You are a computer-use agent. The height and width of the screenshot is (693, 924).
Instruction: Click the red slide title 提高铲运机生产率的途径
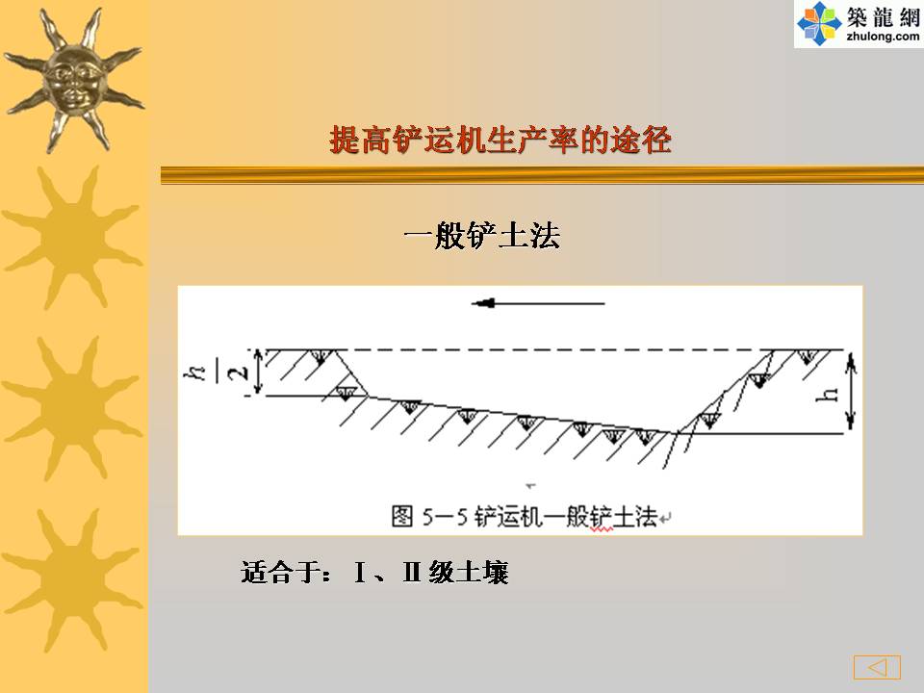click(x=500, y=141)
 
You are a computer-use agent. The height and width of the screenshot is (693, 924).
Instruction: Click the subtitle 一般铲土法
click(x=482, y=237)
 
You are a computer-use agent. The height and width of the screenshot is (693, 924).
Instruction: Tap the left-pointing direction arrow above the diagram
click(x=538, y=303)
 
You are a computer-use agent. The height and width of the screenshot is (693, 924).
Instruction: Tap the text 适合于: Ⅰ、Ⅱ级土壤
click(x=374, y=572)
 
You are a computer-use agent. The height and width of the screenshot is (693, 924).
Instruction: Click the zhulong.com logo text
click(x=883, y=37)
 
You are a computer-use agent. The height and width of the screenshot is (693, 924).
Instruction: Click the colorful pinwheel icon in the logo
click(x=819, y=23)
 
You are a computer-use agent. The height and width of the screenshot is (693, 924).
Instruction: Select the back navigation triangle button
click(x=878, y=667)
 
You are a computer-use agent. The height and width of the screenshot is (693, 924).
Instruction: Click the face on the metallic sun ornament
click(x=74, y=80)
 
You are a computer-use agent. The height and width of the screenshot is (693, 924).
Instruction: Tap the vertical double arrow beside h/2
click(x=258, y=372)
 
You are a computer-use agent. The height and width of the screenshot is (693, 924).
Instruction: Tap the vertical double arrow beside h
click(x=850, y=392)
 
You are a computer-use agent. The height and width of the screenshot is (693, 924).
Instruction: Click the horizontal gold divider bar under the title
click(x=542, y=175)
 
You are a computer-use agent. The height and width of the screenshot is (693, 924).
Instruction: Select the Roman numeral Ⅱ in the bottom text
click(x=411, y=572)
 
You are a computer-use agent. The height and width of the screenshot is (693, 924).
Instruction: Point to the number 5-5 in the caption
click(x=445, y=517)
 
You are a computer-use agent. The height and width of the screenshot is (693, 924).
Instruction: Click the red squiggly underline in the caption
click(x=602, y=529)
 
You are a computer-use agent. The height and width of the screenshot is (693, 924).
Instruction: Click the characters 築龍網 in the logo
click(x=883, y=17)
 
